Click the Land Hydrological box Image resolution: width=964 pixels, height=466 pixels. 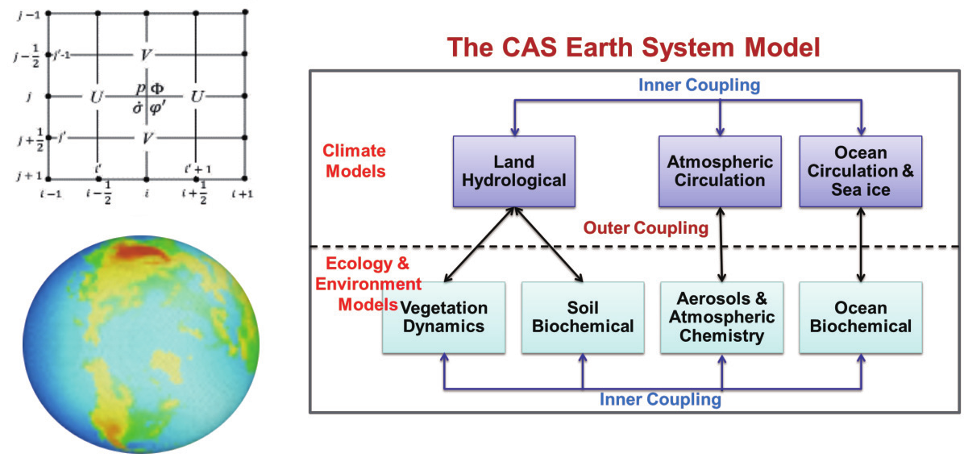click(x=513, y=171)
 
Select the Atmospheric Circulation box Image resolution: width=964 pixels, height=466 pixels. click(x=720, y=171)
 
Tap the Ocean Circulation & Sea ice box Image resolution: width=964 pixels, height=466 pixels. click(x=860, y=171)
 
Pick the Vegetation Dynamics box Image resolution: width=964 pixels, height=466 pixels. click(x=444, y=317)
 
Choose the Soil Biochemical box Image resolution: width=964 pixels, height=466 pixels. click(x=583, y=317)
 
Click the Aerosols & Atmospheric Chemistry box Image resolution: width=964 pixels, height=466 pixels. click(x=721, y=317)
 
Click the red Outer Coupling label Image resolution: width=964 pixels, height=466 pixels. click(x=646, y=229)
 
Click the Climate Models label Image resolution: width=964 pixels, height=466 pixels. click(x=354, y=160)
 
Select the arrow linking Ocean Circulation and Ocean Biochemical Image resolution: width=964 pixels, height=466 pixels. click(x=862, y=244)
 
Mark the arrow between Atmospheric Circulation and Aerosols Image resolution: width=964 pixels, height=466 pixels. click(x=721, y=244)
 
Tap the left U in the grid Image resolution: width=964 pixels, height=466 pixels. click(x=97, y=97)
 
